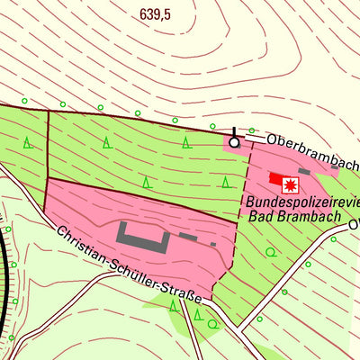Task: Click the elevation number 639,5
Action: click(x=155, y=15)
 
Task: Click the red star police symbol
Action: click(x=291, y=184)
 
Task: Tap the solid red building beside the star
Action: click(x=275, y=179)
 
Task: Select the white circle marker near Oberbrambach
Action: click(x=235, y=142)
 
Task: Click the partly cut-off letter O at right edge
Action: click(x=355, y=226)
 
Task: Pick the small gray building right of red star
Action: click(x=304, y=171)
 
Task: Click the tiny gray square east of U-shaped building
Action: click(x=212, y=243)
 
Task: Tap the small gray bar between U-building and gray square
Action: click(x=188, y=237)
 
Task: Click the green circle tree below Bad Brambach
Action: click(x=271, y=253)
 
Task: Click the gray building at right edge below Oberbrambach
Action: click(x=335, y=166)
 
